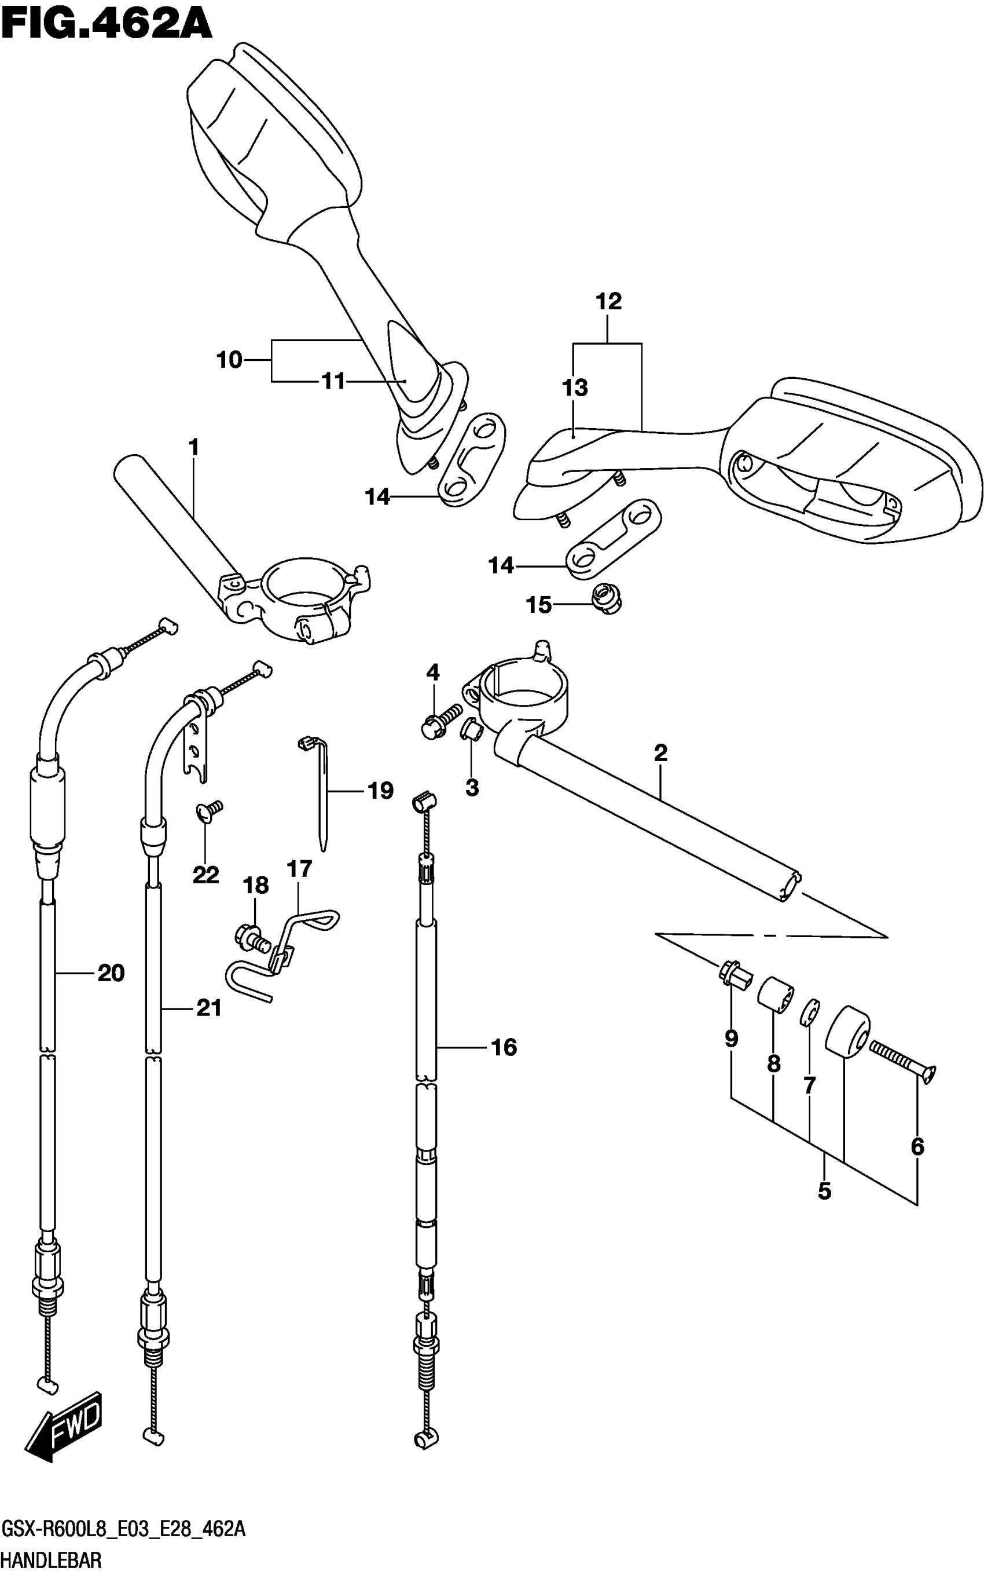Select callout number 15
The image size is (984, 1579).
pyautogui.click(x=539, y=605)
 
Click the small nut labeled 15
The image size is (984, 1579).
pyautogui.click(x=607, y=598)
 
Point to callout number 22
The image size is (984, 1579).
pyautogui.click(x=205, y=875)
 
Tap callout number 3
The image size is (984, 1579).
pyautogui.click(x=472, y=787)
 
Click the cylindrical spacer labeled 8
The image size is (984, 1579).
pyautogui.click(x=775, y=995)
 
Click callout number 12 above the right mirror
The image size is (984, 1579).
pyautogui.click(x=609, y=301)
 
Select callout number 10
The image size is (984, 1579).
pyautogui.click(x=229, y=360)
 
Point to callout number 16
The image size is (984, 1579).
pyautogui.click(x=504, y=1047)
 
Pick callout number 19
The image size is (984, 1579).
pyautogui.click(x=381, y=791)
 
